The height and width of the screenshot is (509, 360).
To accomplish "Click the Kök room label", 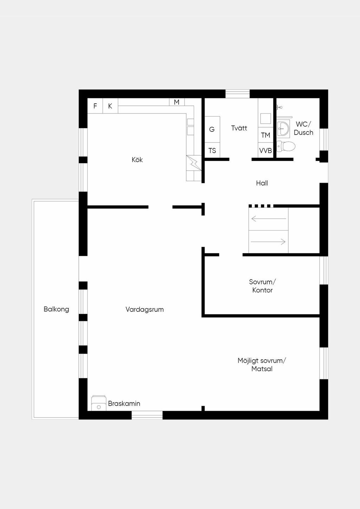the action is pyautogui.click(x=137, y=160).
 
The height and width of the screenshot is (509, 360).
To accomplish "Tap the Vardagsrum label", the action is pyautogui.click(x=144, y=309).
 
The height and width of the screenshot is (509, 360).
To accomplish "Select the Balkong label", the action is pyautogui.click(x=56, y=309).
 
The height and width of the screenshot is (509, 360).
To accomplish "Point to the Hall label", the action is pyautogui.click(x=262, y=183).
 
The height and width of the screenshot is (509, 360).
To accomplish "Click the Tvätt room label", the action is pyautogui.click(x=239, y=128).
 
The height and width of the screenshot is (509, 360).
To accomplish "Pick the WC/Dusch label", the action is pyautogui.click(x=303, y=128).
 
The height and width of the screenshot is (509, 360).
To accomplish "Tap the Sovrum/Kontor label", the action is pyautogui.click(x=262, y=286).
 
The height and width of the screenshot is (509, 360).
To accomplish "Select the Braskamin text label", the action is pyautogui.click(x=124, y=403).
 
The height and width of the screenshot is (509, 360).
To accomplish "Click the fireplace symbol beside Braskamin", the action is pyautogui.click(x=99, y=403).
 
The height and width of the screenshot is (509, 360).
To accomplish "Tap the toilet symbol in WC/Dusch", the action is pyautogui.click(x=286, y=146).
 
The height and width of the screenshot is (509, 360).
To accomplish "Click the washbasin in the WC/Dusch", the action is pyautogui.click(x=283, y=129).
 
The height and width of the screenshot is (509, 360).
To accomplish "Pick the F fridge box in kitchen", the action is pyautogui.click(x=95, y=106).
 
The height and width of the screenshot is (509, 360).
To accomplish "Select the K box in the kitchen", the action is pyautogui.click(x=110, y=106).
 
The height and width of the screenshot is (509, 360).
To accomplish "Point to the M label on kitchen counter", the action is pyautogui.click(x=176, y=102).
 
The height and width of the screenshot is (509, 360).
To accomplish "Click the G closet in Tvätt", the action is pyautogui.click(x=212, y=129).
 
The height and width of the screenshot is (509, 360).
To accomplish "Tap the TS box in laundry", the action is pyautogui.click(x=212, y=150).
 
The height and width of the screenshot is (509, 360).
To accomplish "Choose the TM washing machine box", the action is pyautogui.click(x=265, y=135).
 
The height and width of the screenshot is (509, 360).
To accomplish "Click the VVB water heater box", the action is pyautogui.click(x=265, y=150).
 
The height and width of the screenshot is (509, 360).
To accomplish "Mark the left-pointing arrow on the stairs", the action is pyautogui.click(x=269, y=219).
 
